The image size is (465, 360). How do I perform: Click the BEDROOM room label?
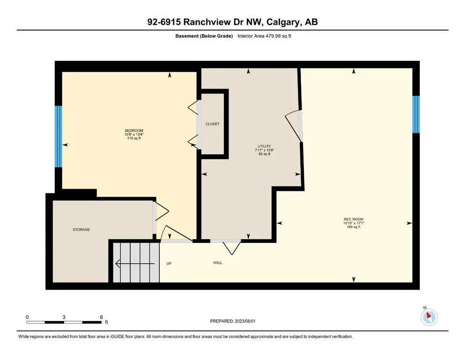point(133,130)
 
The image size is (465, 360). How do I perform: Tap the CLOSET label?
point(212,124)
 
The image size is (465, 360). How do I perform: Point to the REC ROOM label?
point(354,219)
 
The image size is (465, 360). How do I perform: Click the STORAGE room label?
point(81,229)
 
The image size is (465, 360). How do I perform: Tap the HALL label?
point(218,262)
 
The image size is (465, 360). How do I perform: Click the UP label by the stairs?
point(169,263)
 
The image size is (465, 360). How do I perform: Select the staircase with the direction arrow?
point(135,263)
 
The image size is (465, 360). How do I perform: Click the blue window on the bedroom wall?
point(58,136)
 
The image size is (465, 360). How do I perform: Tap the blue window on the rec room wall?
point(415,114)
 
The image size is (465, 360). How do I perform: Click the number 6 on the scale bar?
point(101,317)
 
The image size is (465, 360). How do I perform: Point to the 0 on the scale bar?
point(28,317)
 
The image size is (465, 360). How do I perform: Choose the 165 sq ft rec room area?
point(354,227)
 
